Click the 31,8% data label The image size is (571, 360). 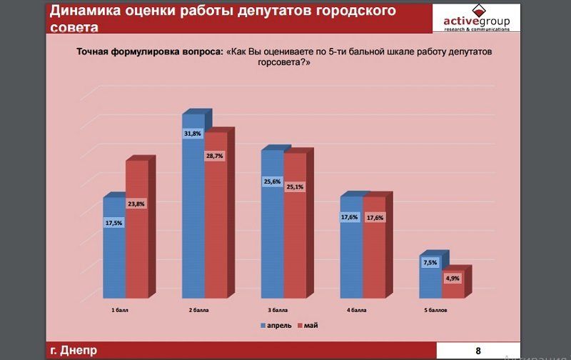(193, 134)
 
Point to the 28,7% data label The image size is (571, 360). (215, 156)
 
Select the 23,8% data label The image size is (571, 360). (136, 204)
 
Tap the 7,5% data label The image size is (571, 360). (430, 263)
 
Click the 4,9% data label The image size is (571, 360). (452, 279)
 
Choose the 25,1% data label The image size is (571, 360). (294, 187)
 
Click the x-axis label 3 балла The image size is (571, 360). (278, 311)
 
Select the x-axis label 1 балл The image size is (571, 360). (121, 311)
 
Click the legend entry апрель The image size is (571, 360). (275, 325)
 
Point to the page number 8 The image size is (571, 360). (477, 350)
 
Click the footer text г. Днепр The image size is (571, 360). (74, 350)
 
